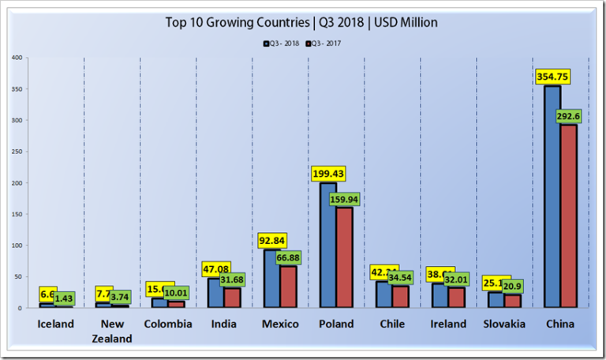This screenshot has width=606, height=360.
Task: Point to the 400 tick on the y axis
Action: pos(16,58)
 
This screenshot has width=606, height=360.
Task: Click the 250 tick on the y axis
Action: pos(16,152)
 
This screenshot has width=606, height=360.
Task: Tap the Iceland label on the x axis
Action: pos(56,324)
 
